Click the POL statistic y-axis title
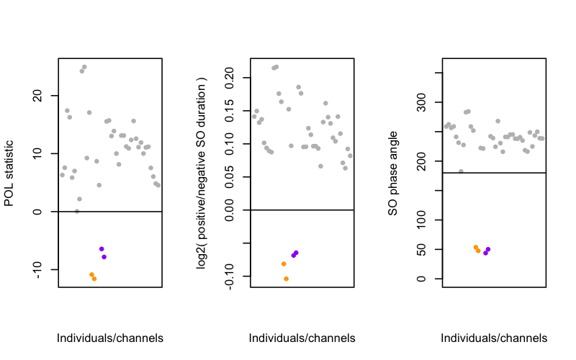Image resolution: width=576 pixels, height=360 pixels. [9, 173]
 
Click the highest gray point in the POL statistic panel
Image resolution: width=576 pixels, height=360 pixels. [84, 67]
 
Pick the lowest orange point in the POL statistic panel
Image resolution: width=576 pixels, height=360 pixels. [94, 279]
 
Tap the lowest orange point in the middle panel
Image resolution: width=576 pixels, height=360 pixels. [286, 279]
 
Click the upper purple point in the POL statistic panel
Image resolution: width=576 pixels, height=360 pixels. [102, 249]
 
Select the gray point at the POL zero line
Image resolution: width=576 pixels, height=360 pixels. [77, 212]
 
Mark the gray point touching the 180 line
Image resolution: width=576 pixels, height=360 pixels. [461, 171]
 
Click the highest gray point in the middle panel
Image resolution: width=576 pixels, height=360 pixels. [276, 67]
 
